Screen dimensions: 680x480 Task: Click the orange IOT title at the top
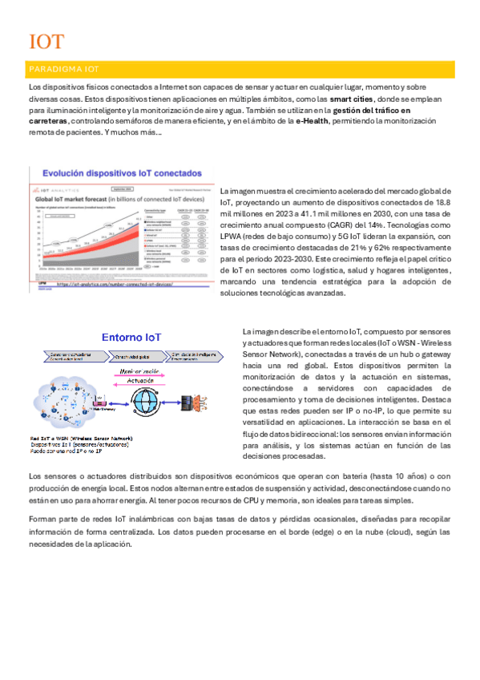point(46,42)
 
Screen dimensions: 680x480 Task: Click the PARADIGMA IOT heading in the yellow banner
point(64,69)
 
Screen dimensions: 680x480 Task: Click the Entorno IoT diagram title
point(133,338)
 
